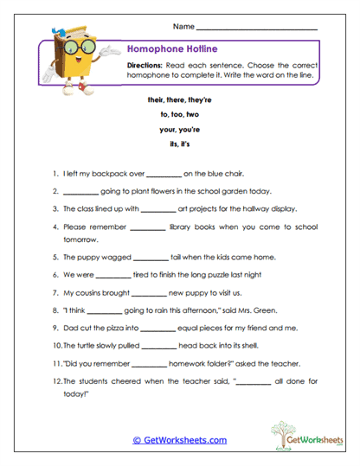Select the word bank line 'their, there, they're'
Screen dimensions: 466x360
click(x=179, y=99)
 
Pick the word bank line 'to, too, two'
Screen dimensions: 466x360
click(x=179, y=114)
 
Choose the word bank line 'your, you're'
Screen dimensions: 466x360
click(x=179, y=129)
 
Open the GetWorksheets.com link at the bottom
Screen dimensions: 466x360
click(x=179, y=440)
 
